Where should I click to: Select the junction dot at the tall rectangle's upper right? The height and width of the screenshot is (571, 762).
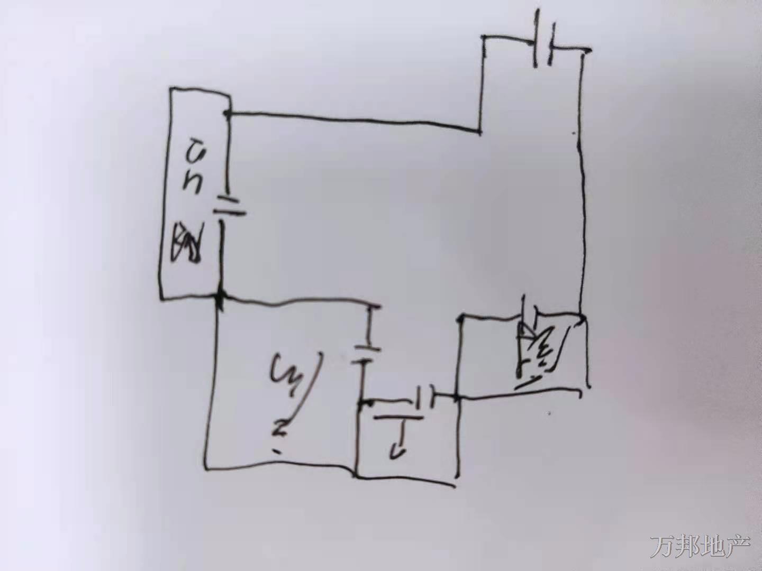pos(228,113)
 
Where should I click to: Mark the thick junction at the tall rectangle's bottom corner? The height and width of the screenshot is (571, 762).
pos(221,299)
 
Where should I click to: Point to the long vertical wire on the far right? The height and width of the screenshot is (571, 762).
pos(582,211)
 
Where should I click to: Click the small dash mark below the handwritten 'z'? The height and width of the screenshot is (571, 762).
pos(277,451)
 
